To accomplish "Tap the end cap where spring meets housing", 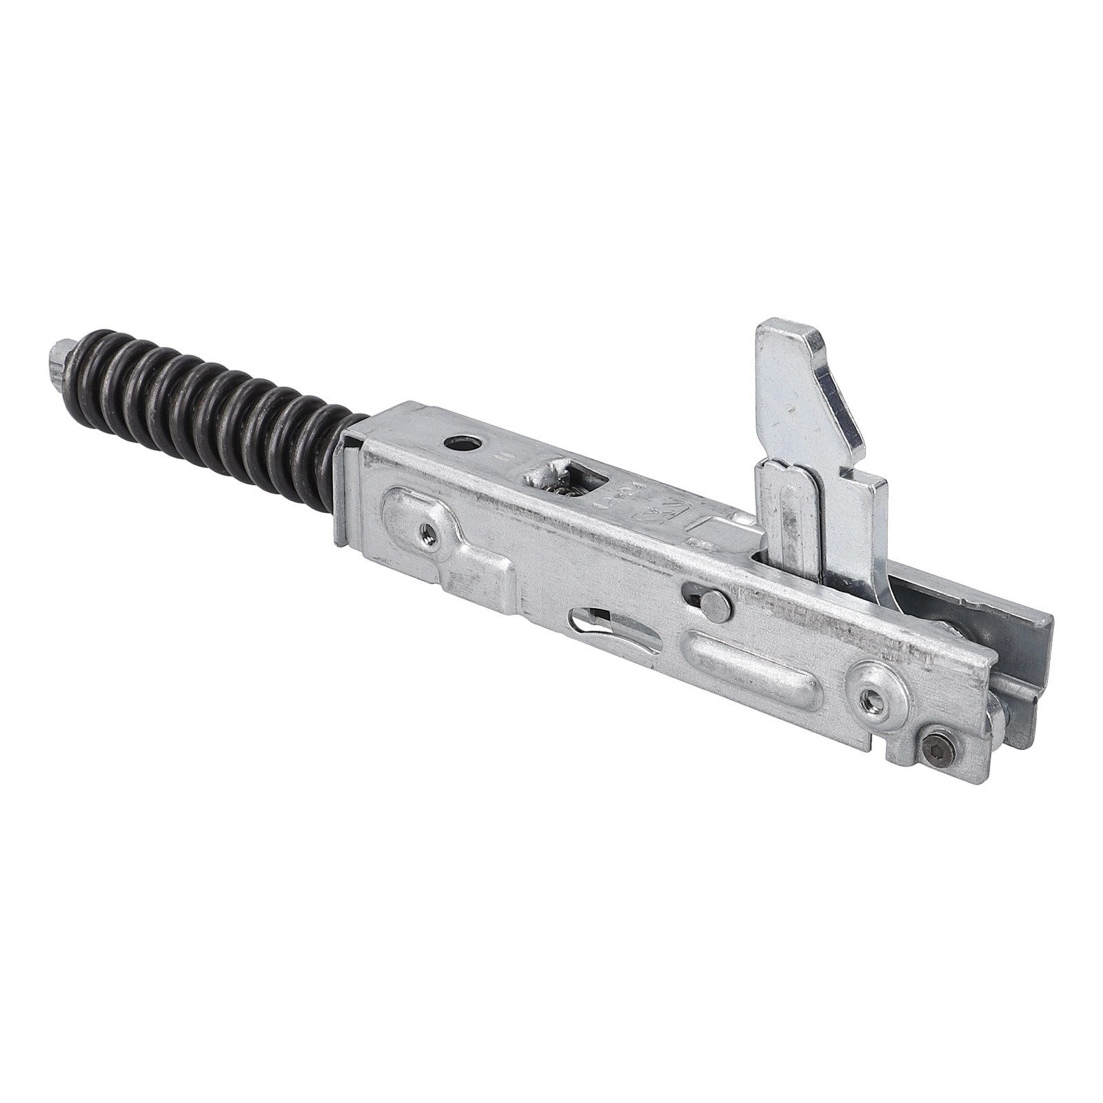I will coord(348,483).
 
